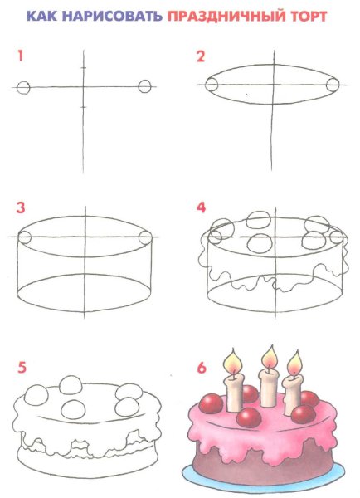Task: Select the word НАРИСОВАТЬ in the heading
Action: click(x=112, y=16)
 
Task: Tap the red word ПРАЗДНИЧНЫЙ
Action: click(x=226, y=17)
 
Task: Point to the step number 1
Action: click(x=21, y=56)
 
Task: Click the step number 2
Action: click(x=201, y=56)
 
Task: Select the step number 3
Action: click(x=21, y=207)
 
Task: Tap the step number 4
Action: click(x=202, y=207)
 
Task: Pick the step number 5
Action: click(x=22, y=368)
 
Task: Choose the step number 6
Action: click(x=202, y=368)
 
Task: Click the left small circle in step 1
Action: click(x=23, y=87)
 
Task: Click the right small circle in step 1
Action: click(x=145, y=86)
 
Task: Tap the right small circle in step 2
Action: click(x=333, y=85)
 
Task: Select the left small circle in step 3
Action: click(x=24, y=237)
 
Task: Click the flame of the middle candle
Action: click(x=270, y=358)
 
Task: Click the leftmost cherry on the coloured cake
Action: click(x=212, y=403)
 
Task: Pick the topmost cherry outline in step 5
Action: click(x=71, y=385)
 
